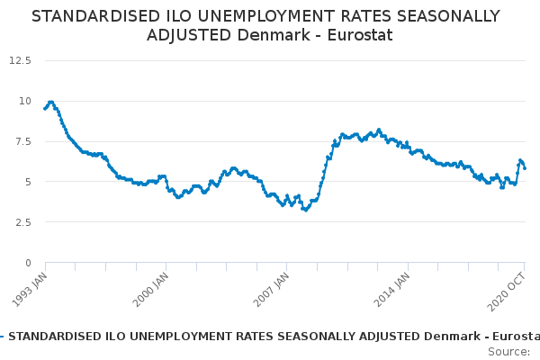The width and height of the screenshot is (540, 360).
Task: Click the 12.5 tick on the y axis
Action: (21, 60)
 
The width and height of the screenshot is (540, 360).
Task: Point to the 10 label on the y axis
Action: (25, 101)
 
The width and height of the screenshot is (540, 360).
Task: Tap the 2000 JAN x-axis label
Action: (150, 286)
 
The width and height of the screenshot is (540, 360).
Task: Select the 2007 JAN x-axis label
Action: (271, 286)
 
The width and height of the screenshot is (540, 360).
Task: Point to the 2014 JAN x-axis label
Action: (391, 286)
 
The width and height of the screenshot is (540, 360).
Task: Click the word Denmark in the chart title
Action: (265, 35)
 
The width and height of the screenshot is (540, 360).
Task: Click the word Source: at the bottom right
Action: (508, 351)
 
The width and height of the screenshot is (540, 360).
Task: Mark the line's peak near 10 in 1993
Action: (50, 102)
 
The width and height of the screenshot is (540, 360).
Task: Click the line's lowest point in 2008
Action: (305, 210)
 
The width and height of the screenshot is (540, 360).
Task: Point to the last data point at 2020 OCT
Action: (525, 167)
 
